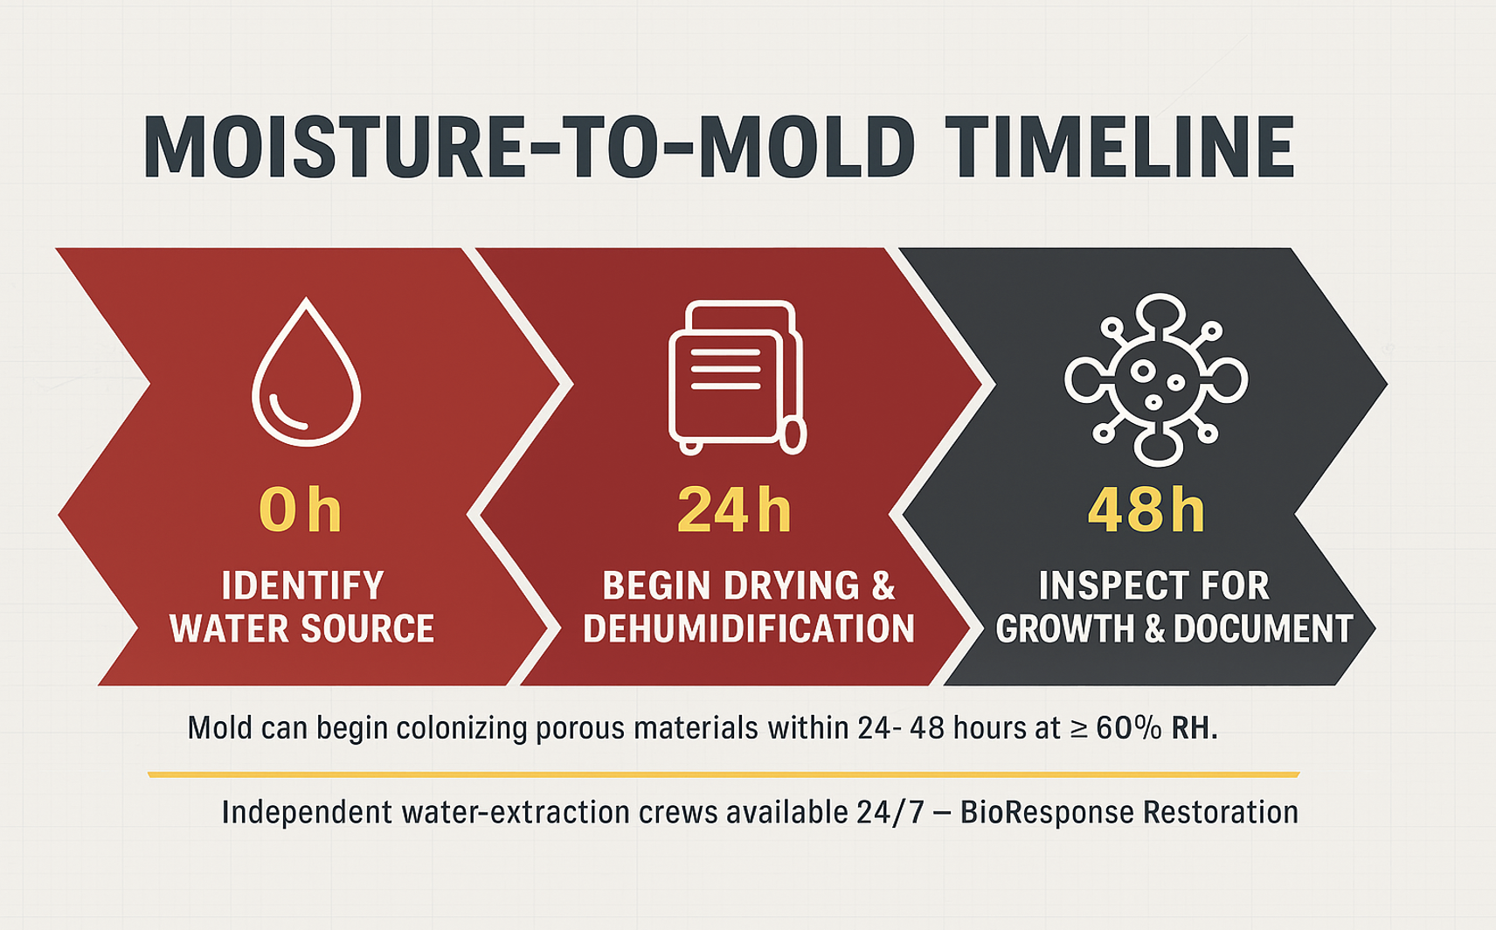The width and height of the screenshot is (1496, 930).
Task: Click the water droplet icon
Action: coord(306,374)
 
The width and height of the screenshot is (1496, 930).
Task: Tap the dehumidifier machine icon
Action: coord(736,377)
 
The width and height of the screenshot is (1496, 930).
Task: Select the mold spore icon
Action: coord(1155,378)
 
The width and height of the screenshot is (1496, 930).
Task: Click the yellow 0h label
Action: coord(300,510)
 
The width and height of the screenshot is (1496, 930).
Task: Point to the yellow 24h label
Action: coord(734,510)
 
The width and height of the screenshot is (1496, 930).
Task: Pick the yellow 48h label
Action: coord(1146,510)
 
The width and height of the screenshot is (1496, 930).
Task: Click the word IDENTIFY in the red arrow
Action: coord(302,586)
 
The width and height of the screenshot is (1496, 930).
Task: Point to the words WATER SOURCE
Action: coord(302,629)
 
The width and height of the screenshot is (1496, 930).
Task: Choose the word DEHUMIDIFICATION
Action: coord(749,629)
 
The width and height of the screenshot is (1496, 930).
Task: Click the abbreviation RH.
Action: coord(1194,728)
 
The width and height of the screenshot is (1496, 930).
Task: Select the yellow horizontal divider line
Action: coord(724,774)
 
